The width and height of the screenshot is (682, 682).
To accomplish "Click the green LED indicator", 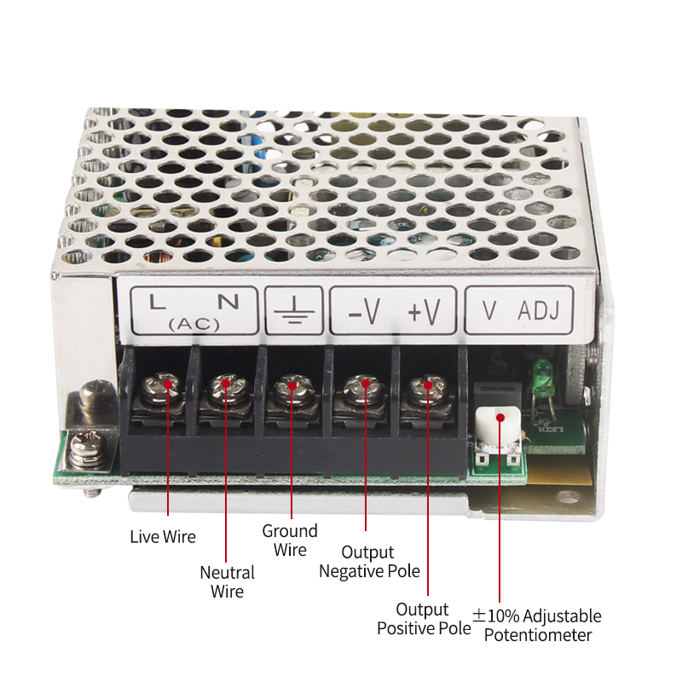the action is pyautogui.click(x=541, y=372).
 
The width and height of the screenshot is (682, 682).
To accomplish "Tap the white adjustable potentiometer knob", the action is pyautogui.click(x=498, y=425).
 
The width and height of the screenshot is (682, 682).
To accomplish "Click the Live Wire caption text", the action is pyautogui.click(x=163, y=536).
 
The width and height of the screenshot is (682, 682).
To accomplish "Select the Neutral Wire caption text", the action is pyautogui.click(x=227, y=581).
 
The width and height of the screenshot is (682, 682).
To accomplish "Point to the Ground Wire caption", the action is pyautogui.click(x=290, y=540).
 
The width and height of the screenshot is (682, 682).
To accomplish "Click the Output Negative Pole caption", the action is pyautogui.click(x=369, y=562).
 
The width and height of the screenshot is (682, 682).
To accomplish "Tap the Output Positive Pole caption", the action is pyautogui.click(x=424, y=619).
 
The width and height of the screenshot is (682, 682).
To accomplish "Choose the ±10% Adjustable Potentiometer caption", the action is pyautogui.click(x=537, y=625).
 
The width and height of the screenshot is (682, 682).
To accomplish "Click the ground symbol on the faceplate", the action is pyautogui.click(x=294, y=310).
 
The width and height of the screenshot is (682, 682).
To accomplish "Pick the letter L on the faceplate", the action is pyautogui.click(x=157, y=302).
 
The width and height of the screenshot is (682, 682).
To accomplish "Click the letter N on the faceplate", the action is pyautogui.click(x=228, y=302).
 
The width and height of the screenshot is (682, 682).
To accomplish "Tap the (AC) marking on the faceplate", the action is pyautogui.click(x=194, y=324).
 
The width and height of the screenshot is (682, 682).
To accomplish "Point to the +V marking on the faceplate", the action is pyautogui.click(x=424, y=311).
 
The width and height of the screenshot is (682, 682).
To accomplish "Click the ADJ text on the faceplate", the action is pyautogui.click(x=539, y=310).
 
